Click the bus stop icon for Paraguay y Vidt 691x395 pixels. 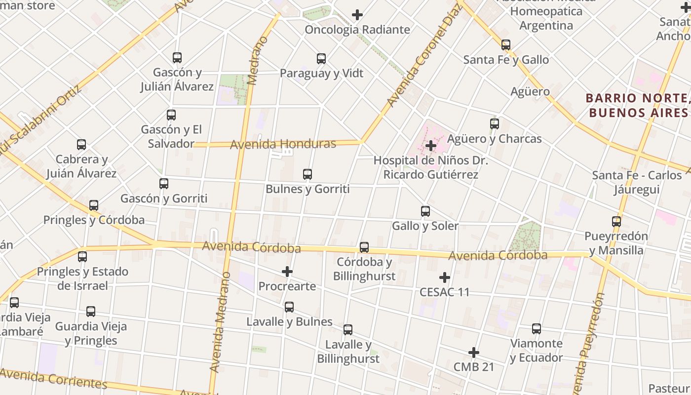321,59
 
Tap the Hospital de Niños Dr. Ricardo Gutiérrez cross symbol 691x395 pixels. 430,145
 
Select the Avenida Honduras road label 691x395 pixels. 283,144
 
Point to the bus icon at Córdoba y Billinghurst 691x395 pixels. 364,247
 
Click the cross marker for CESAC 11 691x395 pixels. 445,277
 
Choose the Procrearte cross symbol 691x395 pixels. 287,272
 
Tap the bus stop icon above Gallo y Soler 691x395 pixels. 425,212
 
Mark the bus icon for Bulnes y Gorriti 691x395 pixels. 307,174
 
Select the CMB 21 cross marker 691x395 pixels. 474,353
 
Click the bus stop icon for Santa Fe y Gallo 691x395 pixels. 506,45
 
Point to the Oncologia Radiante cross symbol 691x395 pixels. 357,15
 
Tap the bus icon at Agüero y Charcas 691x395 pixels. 495,124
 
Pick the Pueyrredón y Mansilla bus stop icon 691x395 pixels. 616,222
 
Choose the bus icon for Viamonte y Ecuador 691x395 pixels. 537,329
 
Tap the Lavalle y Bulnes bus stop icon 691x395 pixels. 289,307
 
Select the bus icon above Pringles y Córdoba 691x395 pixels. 94,205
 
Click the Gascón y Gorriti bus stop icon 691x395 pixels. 164,184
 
